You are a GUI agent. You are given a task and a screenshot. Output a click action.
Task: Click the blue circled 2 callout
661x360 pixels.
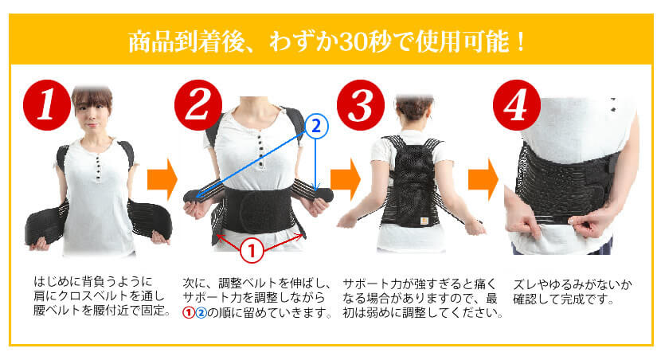tap(316, 125)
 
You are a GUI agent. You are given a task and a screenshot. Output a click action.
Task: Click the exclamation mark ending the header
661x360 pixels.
tap(522, 41)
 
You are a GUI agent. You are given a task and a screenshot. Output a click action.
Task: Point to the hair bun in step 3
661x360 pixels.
tap(413, 104)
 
